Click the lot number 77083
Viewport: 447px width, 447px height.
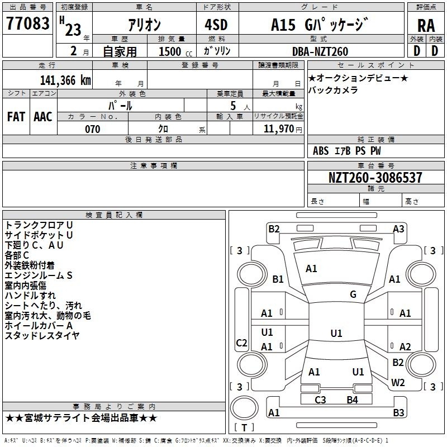point(27,23)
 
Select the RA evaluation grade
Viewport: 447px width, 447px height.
point(426,26)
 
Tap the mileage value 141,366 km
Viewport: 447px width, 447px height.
point(65,80)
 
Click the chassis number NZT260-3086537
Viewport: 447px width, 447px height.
point(375,177)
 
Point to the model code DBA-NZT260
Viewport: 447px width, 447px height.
point(320,51)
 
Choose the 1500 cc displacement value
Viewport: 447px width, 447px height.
point(175,51)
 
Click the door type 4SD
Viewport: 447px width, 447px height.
point(216,25)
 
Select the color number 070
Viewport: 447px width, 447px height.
point(93,129)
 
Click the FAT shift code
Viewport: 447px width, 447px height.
point(16,117)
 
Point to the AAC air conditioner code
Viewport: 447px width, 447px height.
point(43,117)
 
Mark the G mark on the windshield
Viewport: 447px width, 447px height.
point(353,294)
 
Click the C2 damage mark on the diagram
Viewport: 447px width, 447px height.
point(241,343)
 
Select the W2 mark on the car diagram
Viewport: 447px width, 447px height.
point(398,383)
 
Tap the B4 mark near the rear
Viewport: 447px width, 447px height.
point(352,400)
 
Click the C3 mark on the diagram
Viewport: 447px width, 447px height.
point(320,400)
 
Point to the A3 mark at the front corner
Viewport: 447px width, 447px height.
point(398,229)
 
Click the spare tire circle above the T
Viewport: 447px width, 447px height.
point(244,408)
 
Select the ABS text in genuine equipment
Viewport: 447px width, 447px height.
point(321,151)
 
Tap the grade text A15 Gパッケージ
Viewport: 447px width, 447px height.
point(320,25)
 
